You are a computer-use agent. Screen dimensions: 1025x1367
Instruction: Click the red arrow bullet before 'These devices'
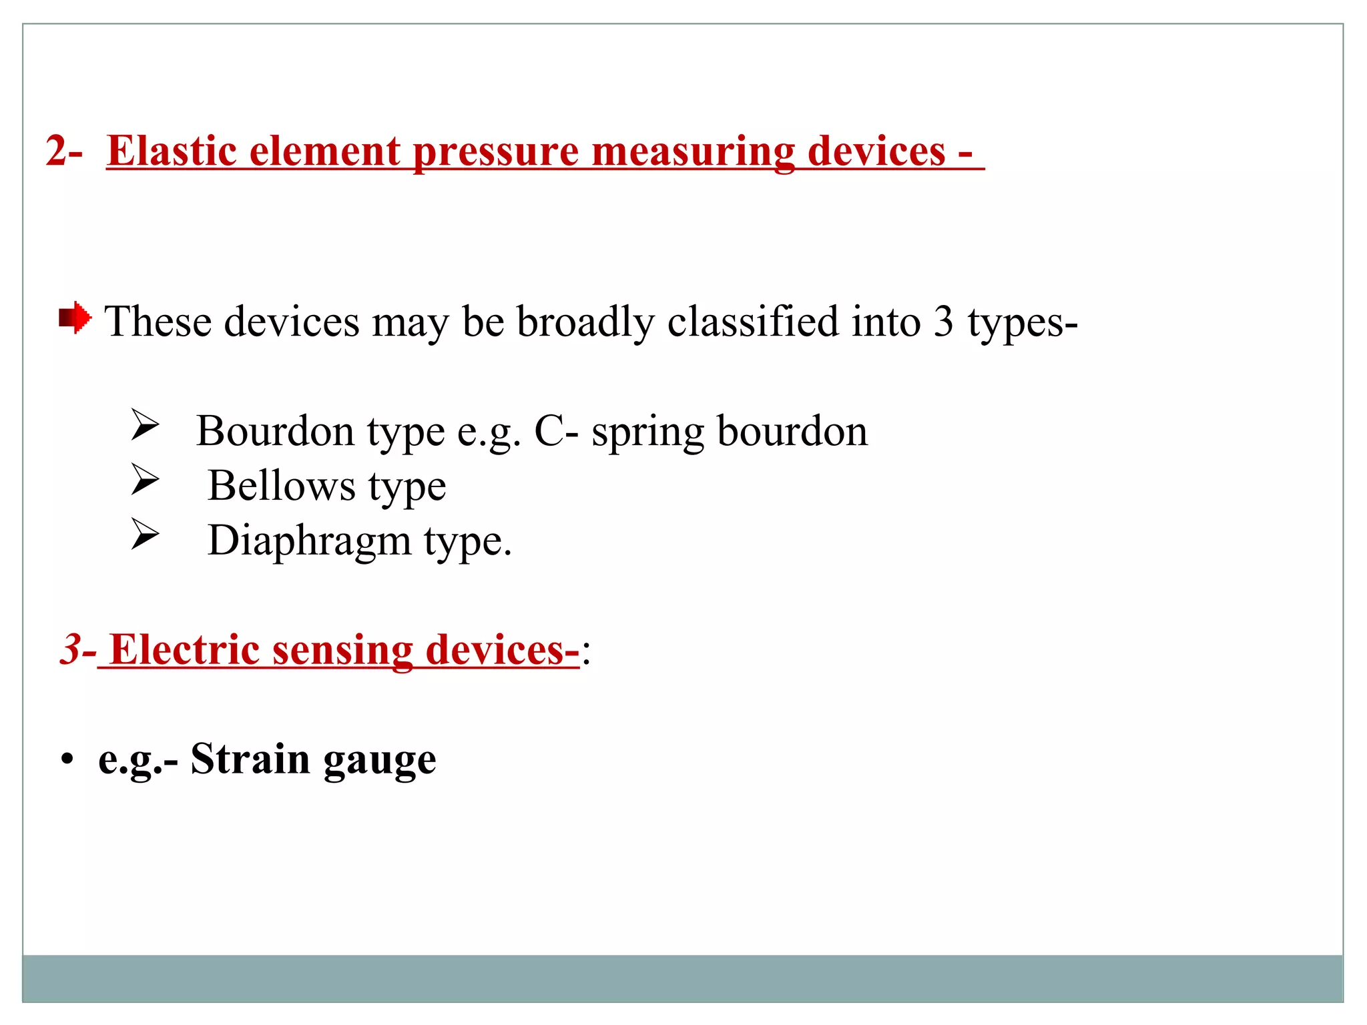click(75, 318)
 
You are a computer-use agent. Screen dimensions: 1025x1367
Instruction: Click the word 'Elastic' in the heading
click(172, 151)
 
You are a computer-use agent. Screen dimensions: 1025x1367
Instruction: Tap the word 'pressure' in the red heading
click(496, 151)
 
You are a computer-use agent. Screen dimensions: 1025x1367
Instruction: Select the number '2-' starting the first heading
click(64, 151)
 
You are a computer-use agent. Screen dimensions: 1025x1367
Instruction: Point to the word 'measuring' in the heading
click(694, 151)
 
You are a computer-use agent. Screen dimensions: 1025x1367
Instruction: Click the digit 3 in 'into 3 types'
click(943, 322)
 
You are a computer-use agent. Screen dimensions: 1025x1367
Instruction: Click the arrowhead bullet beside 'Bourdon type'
click(145, 425)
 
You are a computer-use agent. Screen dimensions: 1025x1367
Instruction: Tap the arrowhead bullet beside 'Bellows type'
click(145, 480)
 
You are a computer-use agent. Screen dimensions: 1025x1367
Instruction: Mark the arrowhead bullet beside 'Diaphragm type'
click(145, 535)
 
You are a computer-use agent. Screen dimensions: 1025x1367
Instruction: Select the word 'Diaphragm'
click(309, 541)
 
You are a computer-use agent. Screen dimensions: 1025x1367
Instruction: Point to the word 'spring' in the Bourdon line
click(647, 432)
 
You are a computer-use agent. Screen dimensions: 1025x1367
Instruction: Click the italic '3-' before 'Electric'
click(78, 649)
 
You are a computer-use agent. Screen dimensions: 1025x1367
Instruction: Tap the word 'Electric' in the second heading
click(185, 649)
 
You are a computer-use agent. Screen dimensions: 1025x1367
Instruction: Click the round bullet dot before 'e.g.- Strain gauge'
click(66, 760)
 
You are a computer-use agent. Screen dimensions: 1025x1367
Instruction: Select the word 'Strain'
click(250, 759)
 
